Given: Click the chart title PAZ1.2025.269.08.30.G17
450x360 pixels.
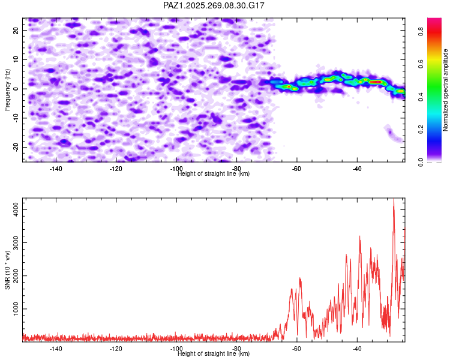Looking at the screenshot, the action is (x=214, y=5).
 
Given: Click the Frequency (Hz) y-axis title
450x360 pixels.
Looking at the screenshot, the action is (x=7, y=90).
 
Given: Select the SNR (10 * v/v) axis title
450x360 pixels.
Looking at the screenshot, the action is (x=7, y=270).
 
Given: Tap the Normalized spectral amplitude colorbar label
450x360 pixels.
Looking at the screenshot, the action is (x=445, y=90).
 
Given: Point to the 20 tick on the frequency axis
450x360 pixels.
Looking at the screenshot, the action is (x=16, y=30).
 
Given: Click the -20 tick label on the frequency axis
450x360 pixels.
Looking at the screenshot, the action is (x=16, y=147).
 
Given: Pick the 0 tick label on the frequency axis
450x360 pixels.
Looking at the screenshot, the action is (x=16, y=89).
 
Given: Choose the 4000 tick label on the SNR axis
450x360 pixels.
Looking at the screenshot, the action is (x=16, y=209).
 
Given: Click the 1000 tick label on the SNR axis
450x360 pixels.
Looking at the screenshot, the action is (x=16, y=309).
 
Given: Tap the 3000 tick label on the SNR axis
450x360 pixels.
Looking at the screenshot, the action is (x=16, y=242).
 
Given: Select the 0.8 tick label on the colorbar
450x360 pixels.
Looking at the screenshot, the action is (x=421, y=31).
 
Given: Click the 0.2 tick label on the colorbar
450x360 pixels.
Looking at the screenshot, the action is (x=421, y=129).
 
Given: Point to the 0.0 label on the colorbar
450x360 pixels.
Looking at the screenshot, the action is (x=421, y=162).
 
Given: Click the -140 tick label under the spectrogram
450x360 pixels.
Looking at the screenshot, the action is (x=56, y=169).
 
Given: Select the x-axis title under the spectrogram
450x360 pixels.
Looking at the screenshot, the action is (x=214, y=173).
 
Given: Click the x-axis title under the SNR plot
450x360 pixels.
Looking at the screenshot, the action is (x=214, y=353).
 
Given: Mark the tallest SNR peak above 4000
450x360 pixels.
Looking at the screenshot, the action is (x=394, y=199).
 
